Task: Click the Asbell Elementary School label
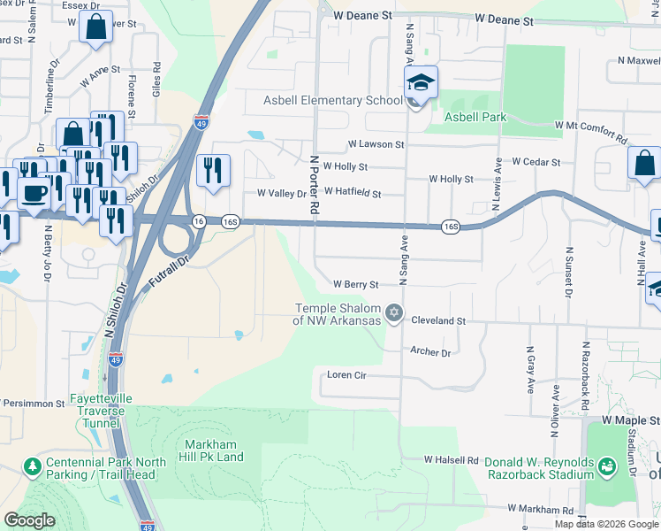point(332,100)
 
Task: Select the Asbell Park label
point(472,117)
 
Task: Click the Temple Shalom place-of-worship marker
point(394,313)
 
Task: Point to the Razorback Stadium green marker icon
point(607,466)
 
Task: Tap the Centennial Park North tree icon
point(33,466)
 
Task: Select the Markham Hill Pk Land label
point(213,450)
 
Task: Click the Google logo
point(29,519)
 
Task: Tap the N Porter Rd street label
point(314,185)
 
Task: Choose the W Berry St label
point(355,285)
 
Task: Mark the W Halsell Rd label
point(451,460)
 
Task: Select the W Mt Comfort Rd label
point(590,132)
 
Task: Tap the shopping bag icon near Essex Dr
point(95,26)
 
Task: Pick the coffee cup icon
point(34,192)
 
